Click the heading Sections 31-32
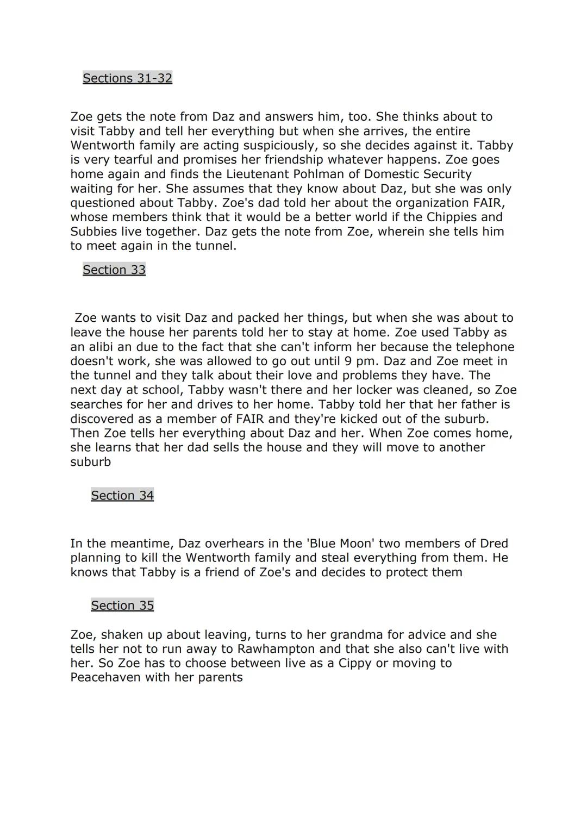[127, 78]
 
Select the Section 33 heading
[114, 270]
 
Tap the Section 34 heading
[122, 496]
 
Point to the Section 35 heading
[122, 606]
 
